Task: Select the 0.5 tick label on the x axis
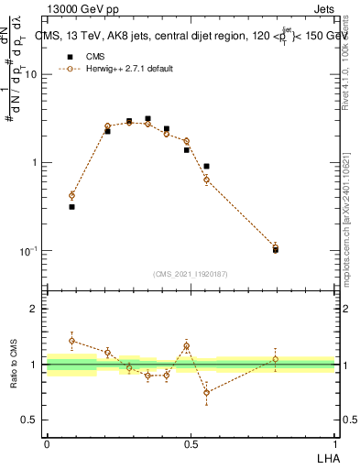[191, 443]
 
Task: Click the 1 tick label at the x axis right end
[335, 443]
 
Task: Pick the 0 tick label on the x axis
[47, 443]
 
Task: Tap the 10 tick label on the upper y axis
[29, 75]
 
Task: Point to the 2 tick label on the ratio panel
[33, 309]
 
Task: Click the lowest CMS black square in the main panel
[276, 249]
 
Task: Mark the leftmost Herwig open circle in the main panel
[71, 195]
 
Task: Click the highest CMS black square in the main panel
[147, 119]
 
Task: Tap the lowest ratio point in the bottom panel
[206, 392]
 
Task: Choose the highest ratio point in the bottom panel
[71, 340]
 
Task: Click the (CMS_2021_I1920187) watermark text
[191, 273]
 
